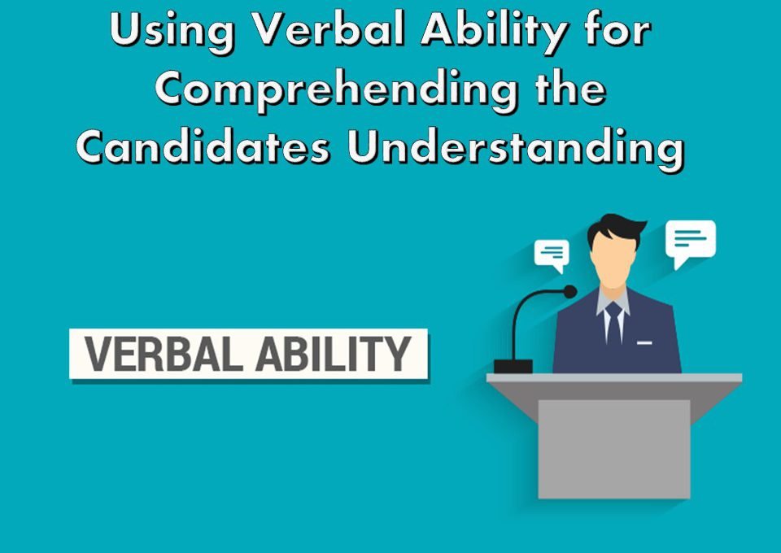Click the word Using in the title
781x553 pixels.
[172, 31]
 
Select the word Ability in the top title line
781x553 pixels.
[495, 31]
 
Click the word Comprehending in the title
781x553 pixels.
[336, 89]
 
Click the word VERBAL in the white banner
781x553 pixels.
[164, 354]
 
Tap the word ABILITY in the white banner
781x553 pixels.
[334, 354]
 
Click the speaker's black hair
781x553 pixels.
[616, 228]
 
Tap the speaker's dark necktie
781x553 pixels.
[613, 324]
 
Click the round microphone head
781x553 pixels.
[569, 292]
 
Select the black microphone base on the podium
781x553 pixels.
[513, 366]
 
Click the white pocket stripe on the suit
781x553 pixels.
[644, 343]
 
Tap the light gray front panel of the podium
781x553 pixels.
[614, 449]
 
